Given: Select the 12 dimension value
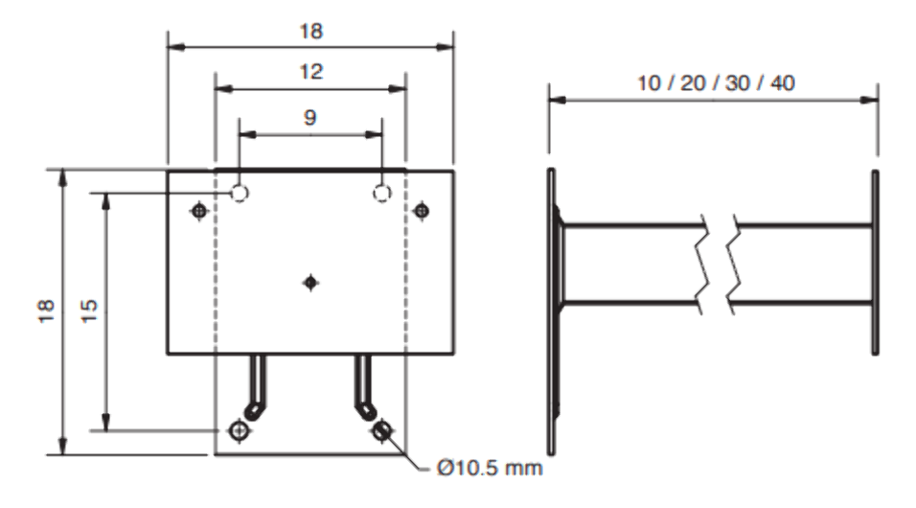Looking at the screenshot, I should pos(309,73).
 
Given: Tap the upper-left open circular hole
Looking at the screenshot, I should pos(240,194).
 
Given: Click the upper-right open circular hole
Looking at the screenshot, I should pos(382,194).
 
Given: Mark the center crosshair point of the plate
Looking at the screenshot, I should pos(309,282).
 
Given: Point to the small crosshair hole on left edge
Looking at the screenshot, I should pos(198,210).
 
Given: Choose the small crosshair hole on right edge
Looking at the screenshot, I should pos(421,210).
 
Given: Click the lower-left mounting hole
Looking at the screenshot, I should pos(238,431).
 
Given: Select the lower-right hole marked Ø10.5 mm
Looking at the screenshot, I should pos(383,431).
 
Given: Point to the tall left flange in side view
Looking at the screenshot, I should pos(552,312).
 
